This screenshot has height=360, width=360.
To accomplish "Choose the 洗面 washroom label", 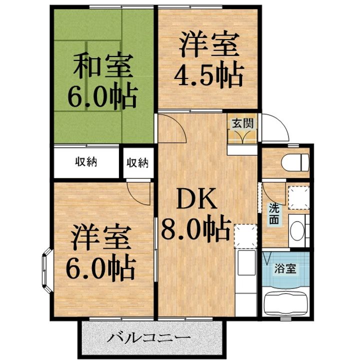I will point(274,214).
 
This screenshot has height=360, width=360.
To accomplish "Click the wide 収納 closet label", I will point(86,162).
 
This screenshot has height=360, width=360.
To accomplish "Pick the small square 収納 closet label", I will point(137,162).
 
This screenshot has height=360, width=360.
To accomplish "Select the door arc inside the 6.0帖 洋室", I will point(138,192).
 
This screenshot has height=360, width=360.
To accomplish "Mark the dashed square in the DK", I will point(245,236).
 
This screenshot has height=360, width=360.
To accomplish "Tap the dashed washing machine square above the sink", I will point(296,196).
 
